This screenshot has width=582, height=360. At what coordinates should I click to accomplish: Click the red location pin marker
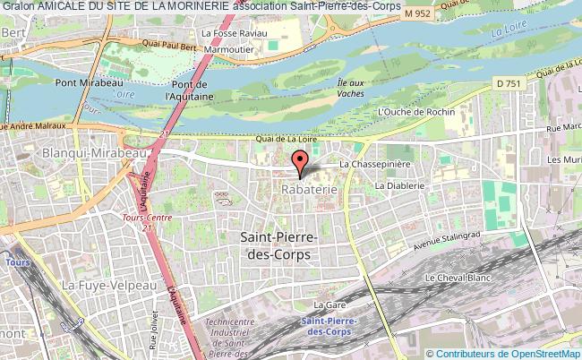(x=301, y=162)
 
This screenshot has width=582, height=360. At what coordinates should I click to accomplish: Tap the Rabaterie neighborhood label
(x=309, y=190)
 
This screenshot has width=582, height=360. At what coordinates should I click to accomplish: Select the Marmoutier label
(x=231, y=50)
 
